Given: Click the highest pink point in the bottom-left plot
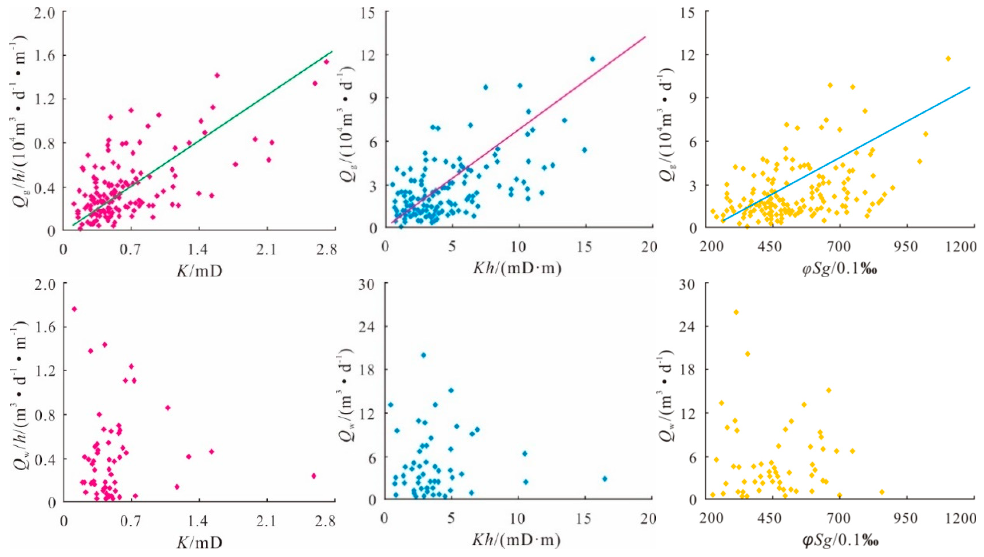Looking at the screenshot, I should coord(74,309).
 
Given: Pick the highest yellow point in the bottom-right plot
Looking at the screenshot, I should coord(736,312).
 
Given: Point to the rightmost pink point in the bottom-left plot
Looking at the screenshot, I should coord(314,476).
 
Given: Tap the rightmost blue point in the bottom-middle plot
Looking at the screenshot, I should coord(605,478).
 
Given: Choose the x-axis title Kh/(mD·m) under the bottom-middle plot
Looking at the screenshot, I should coord(517,540).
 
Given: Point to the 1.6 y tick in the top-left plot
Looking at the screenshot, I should coord(45,55).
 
